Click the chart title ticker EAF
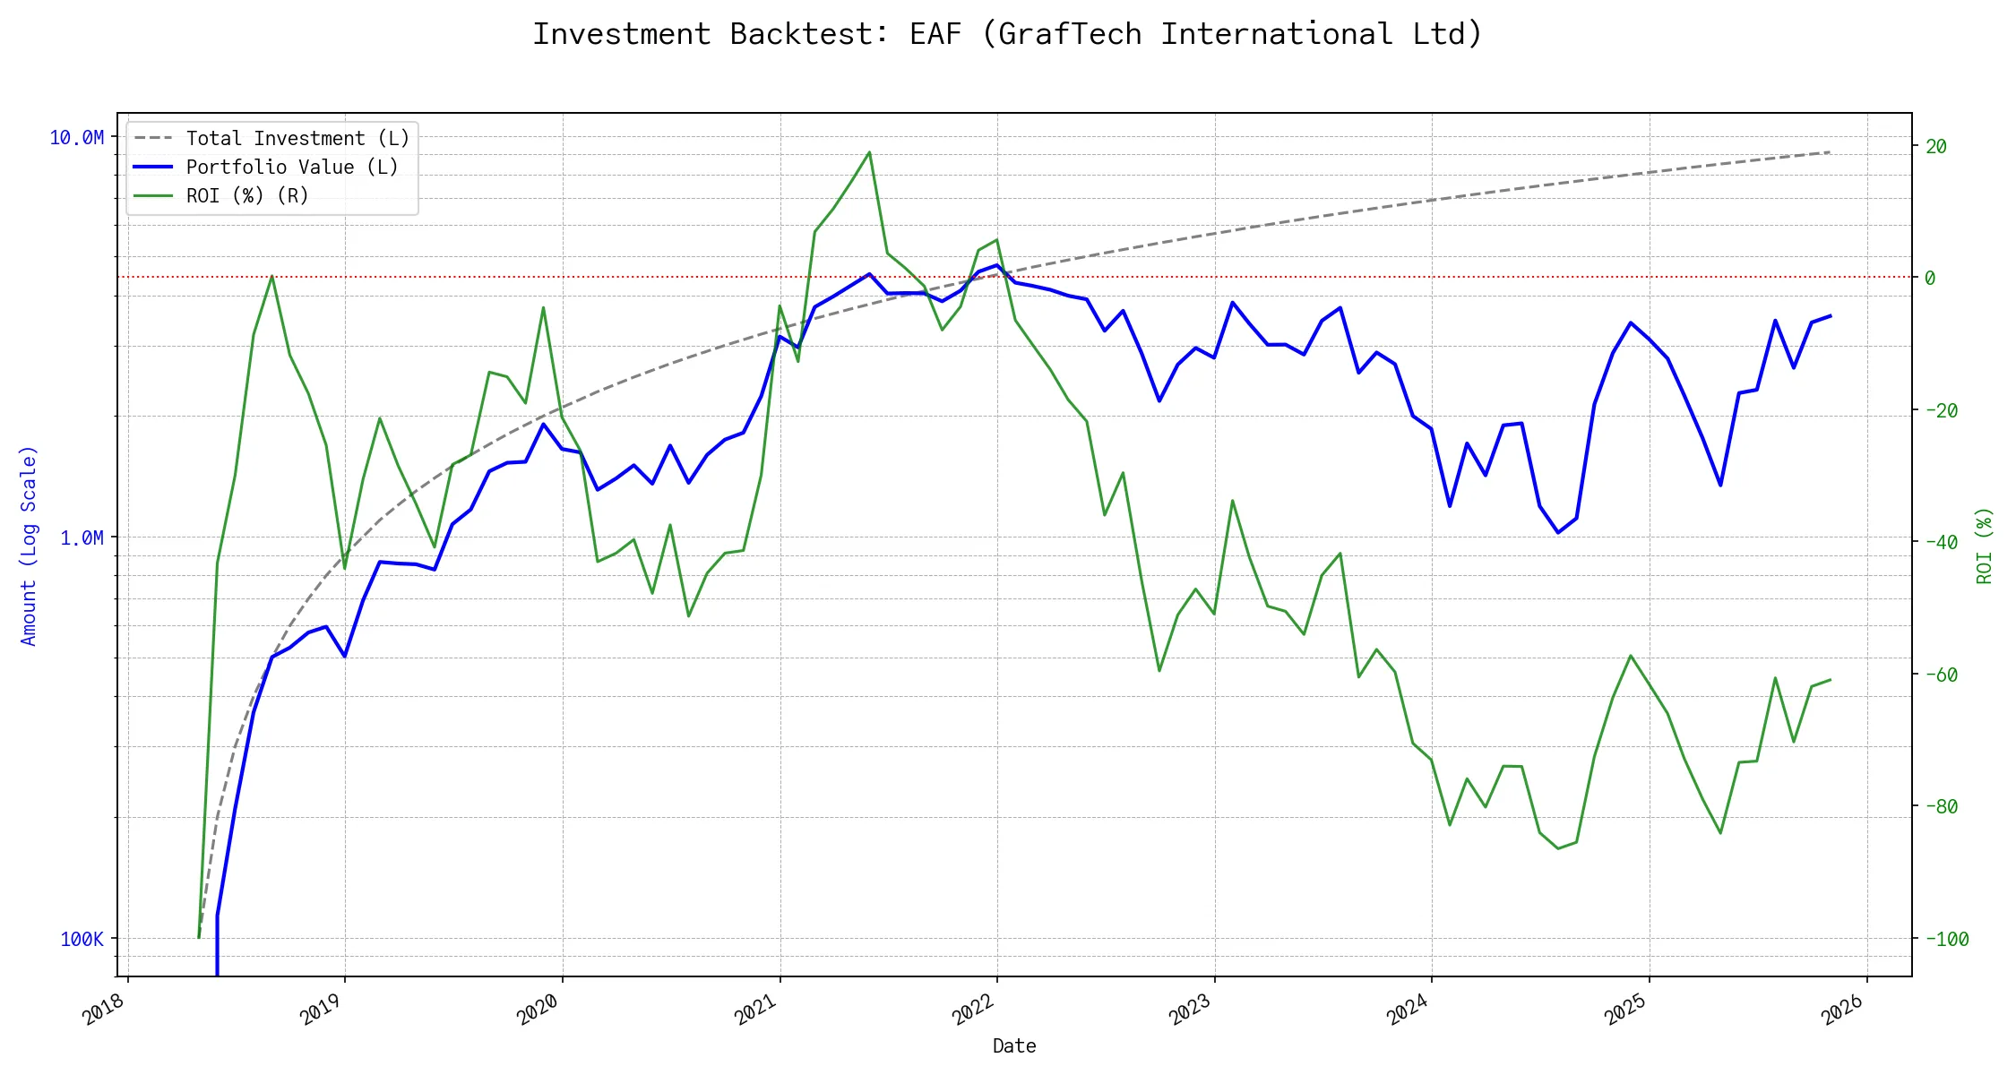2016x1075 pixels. click(x=935, y=34)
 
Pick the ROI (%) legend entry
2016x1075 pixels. click(x=247, y=196)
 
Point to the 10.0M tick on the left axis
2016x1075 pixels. click(x=77, y=138)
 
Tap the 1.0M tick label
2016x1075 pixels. click(x=82, y=537)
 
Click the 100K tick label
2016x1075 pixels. click(x=82, y=939)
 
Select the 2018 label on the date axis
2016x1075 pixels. click(x=103, y=1011)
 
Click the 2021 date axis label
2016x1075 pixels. click(x=755, y=1011)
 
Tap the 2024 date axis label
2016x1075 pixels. click(x=1408, y=1011)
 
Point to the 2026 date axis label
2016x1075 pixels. click(x=1843, y=1011)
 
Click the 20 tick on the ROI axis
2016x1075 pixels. click(x=1936, y=147)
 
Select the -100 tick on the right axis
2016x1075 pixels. click(x=1946, y=939)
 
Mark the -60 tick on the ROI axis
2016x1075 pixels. click(x=1941, y=675)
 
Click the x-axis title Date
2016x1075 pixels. click(x=1014, y=1046)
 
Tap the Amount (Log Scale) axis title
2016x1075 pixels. click(x=29, y=546)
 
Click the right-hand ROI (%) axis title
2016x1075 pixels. click(x=1985, y=546)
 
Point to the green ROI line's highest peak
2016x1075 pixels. click(x=869, y=152)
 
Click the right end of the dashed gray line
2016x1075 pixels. click(x=1830, y=152)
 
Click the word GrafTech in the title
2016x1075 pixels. click(x=1070, y=34)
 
